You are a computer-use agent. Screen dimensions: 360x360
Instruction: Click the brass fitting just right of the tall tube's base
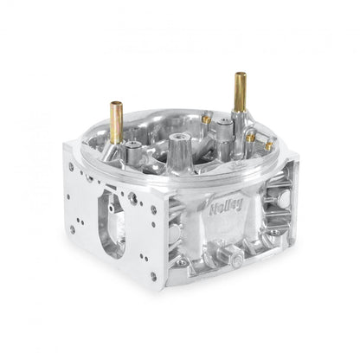pyautogui.click(x=250, y=137)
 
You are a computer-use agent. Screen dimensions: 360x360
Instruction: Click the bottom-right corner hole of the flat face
pyautogui.click(x=152, y=276)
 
